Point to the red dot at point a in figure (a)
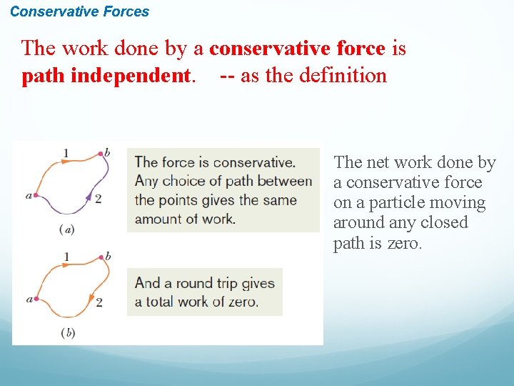[x=34, y=194]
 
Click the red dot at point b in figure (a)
[x=99, y=153]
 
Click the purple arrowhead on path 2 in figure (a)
[x=89, y=196]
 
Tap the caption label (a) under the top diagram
[x=67, y=229]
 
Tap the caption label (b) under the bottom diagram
[x=68, y=332]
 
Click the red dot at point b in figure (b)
[x=99, y=257]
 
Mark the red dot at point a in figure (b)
[x=34, y=299]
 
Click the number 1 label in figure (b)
[x=66, y=256]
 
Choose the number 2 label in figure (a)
[x=99, y=199]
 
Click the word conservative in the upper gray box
[x=253, y=162]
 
